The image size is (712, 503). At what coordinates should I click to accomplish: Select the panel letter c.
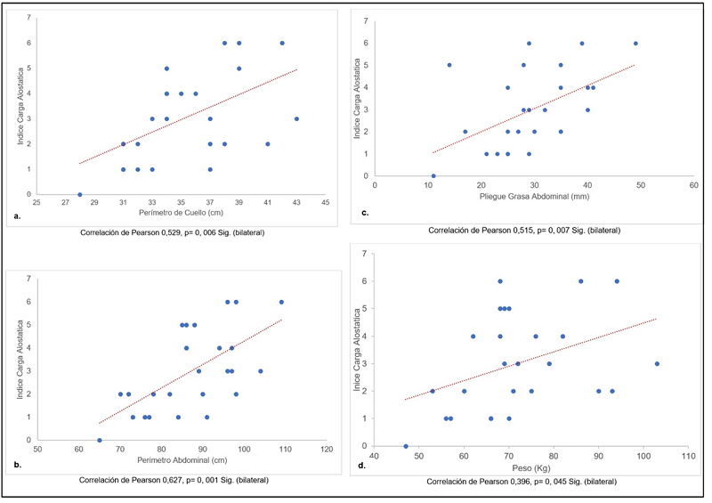(365, 211)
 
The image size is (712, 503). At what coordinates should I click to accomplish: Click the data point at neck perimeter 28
(80, 194)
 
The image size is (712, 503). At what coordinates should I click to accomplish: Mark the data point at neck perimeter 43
(296, 118)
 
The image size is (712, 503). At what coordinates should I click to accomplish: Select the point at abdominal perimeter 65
(100, 440)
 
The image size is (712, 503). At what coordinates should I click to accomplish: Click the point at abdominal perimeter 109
(282, 302)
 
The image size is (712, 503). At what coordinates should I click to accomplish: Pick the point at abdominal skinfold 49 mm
(635, 44)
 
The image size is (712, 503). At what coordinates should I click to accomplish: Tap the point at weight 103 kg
(657, 363)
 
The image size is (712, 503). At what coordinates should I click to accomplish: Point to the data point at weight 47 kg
(406, 446)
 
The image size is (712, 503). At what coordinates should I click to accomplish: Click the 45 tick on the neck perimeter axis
(325, 203)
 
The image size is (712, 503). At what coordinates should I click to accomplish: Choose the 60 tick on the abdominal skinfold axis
(693, 185)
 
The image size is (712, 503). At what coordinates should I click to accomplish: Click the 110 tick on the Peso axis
(687, 455)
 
